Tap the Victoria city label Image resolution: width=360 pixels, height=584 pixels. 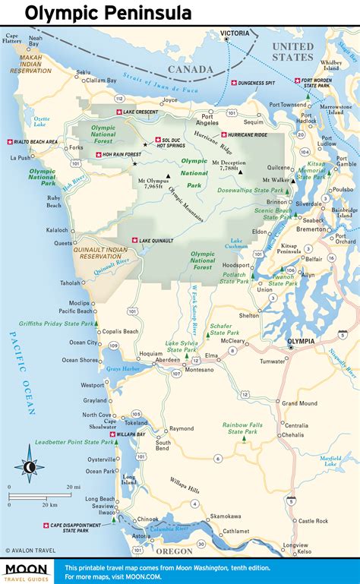[x=235, y=34]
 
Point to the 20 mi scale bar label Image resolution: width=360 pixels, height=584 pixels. [x=73, y=487]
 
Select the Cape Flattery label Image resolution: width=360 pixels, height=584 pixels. [x=11, y=39]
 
